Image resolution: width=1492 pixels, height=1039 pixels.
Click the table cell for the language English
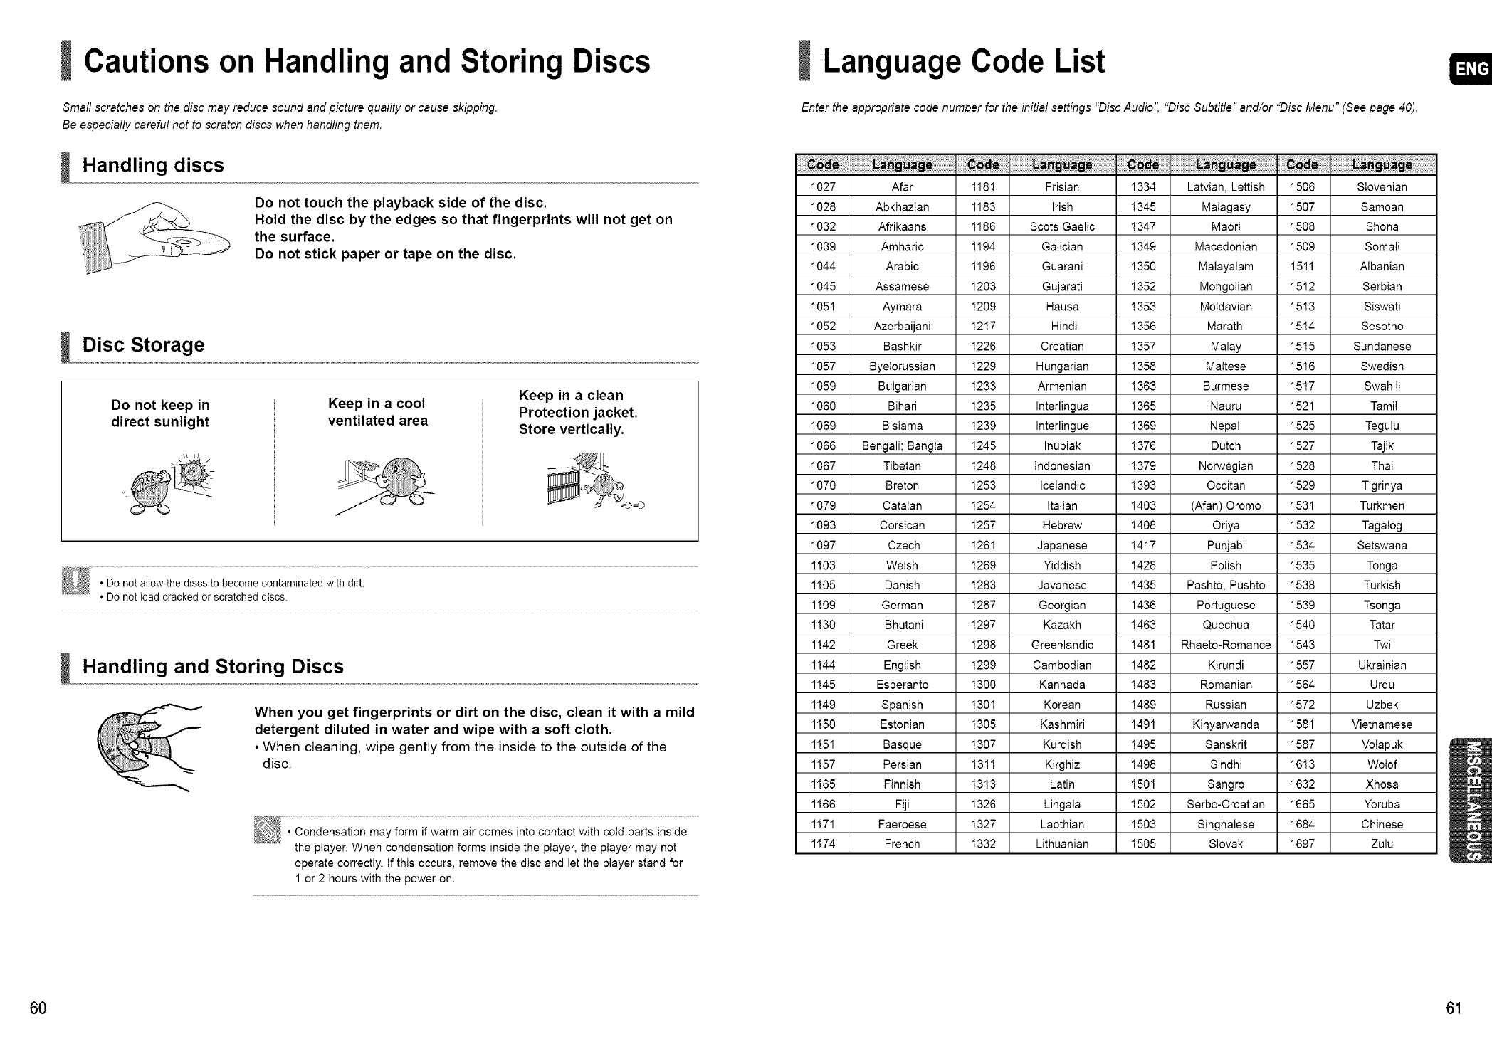pos(902,665)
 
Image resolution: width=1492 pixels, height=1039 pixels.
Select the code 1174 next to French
pos(822,844)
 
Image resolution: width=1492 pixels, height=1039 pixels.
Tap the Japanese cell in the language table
pos(1062,545)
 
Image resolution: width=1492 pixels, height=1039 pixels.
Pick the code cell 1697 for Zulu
pos(1302,844)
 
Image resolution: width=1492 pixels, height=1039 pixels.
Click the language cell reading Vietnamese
pos(1382,724)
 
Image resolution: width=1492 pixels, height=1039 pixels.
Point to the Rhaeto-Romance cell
pos(1225,645)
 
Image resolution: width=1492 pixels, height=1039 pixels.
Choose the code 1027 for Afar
pos(822,187)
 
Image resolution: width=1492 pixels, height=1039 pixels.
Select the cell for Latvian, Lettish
pos(1225,187)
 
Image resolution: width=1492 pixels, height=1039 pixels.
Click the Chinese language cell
pos(1382,824)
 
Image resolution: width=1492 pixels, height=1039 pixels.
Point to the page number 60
pos(38,1008)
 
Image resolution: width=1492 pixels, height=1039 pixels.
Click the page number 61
pos(1453,1008)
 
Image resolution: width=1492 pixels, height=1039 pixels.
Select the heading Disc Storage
pos(143,345)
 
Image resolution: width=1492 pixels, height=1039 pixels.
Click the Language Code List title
pos(964,62)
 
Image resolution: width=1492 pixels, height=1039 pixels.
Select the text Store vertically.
pos(571,430)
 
